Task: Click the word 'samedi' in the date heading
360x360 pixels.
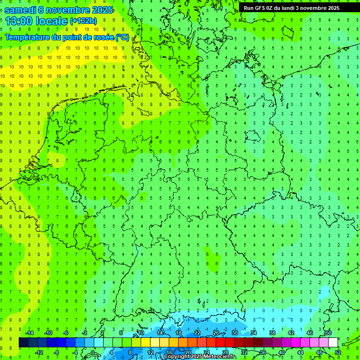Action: [20, 10]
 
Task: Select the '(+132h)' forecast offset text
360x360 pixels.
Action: [83, 21]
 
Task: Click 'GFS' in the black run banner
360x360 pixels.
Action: [262, 8]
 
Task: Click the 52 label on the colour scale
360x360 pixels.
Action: [338, 352]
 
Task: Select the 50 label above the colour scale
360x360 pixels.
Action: [329, 333]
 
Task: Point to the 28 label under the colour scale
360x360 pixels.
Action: [225, 352]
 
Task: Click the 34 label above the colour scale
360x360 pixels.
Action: [254, 333]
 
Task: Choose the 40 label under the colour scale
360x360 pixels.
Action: [282, 352]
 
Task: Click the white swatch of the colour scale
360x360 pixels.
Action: [333, 343]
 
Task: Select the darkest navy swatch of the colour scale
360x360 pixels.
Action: [23, 343]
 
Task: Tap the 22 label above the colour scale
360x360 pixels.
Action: [197, 333]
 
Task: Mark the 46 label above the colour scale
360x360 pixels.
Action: [310, 333]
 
